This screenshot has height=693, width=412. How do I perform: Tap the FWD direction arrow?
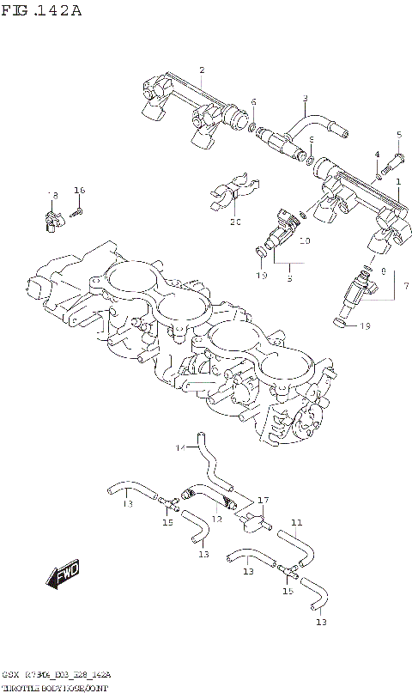(x=64, y=576)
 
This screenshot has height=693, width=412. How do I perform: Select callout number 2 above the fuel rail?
(x=202, y=70)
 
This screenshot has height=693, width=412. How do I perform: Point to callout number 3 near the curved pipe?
(x=305, y=99)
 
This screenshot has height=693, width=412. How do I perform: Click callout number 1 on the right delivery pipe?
(x=398, y=181)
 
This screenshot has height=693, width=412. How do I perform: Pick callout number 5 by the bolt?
(x=399, y=134)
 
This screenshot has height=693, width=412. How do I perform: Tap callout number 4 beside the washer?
(x=377, y=155)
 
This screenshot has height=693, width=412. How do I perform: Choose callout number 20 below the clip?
(x=236, y=223)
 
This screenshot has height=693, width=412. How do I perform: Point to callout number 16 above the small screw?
(x=80, y=190)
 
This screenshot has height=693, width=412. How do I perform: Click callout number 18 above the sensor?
(x=52, y=196)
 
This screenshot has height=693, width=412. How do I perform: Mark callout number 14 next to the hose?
(x=181, y=447)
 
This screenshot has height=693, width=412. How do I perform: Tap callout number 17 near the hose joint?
(x=264, y=500)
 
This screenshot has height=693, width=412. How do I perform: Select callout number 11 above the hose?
(x=296, y=522)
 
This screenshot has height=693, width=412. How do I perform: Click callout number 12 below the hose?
(x=217, y=520)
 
